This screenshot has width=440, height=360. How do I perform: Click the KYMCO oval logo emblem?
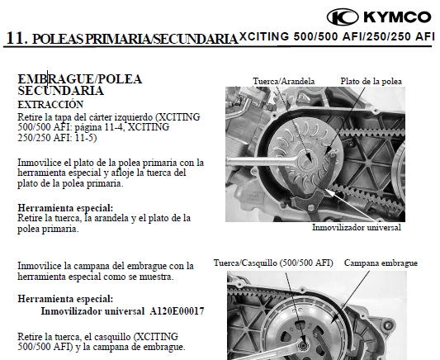343,17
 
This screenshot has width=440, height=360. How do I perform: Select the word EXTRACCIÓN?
50,104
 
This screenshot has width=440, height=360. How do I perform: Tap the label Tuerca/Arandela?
284,81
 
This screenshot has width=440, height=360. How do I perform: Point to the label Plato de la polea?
371,81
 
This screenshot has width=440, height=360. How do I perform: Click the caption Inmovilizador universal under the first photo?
357,227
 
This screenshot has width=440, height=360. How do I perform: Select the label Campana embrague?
381,263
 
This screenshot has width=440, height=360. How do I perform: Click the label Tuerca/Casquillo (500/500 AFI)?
273,263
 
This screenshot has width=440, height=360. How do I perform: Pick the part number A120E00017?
177,311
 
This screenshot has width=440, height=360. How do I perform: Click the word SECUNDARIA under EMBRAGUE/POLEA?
60,91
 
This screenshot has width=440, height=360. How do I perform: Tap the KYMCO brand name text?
397,17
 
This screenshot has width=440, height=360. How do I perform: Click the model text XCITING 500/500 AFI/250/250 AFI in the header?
337,36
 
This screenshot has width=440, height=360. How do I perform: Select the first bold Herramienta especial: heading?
65,208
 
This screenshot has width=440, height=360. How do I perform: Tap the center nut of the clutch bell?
303,345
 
